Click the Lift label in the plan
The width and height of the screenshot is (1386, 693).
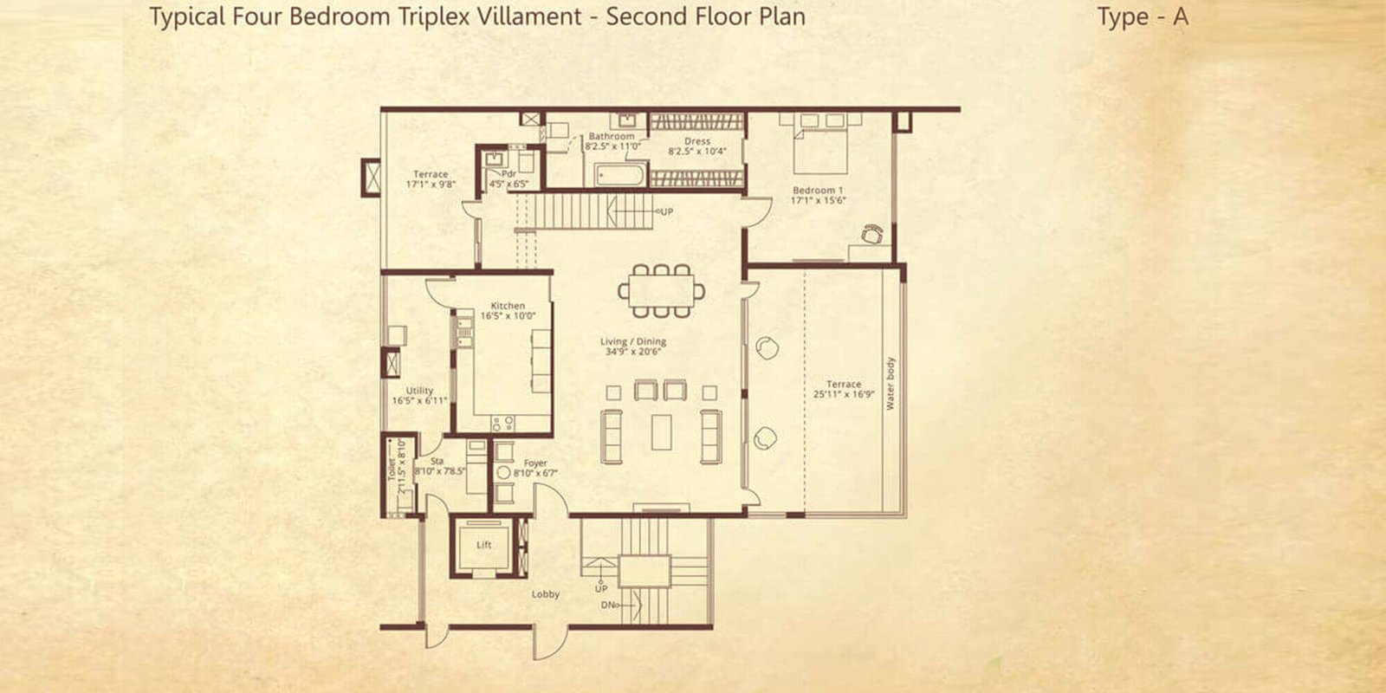click(x=484, y=545)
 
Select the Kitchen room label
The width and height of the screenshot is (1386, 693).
click(x=508, y=306)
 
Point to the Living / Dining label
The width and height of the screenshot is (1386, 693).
click(x=633, y=342)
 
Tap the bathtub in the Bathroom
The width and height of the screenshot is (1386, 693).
click(x=620, y=177)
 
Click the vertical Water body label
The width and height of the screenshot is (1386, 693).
click(x=891, y=383)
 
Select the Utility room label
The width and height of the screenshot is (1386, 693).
click(x=419, y=392)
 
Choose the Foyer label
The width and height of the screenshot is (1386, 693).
click(x=534, y=464)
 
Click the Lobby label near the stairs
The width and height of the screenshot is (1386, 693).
click(x=545, y=594)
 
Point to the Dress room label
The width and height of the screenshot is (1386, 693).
click(x=696, y=141)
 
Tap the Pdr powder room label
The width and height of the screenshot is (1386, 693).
click(x=508, y=174)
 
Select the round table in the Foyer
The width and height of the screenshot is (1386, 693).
click(x=503, y=474)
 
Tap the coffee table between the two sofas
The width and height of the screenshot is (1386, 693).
click(x=661, y=431)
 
